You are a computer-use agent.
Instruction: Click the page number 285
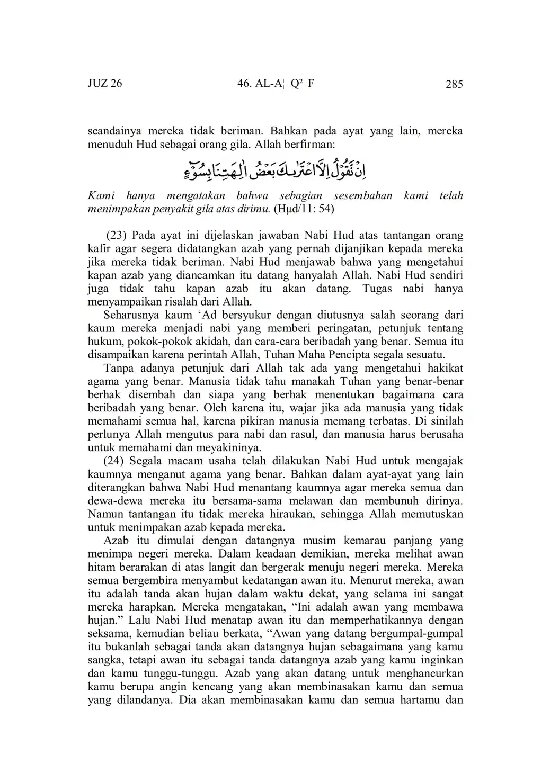coord(454,84)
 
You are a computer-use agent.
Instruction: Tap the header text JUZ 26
coord(105,84)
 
